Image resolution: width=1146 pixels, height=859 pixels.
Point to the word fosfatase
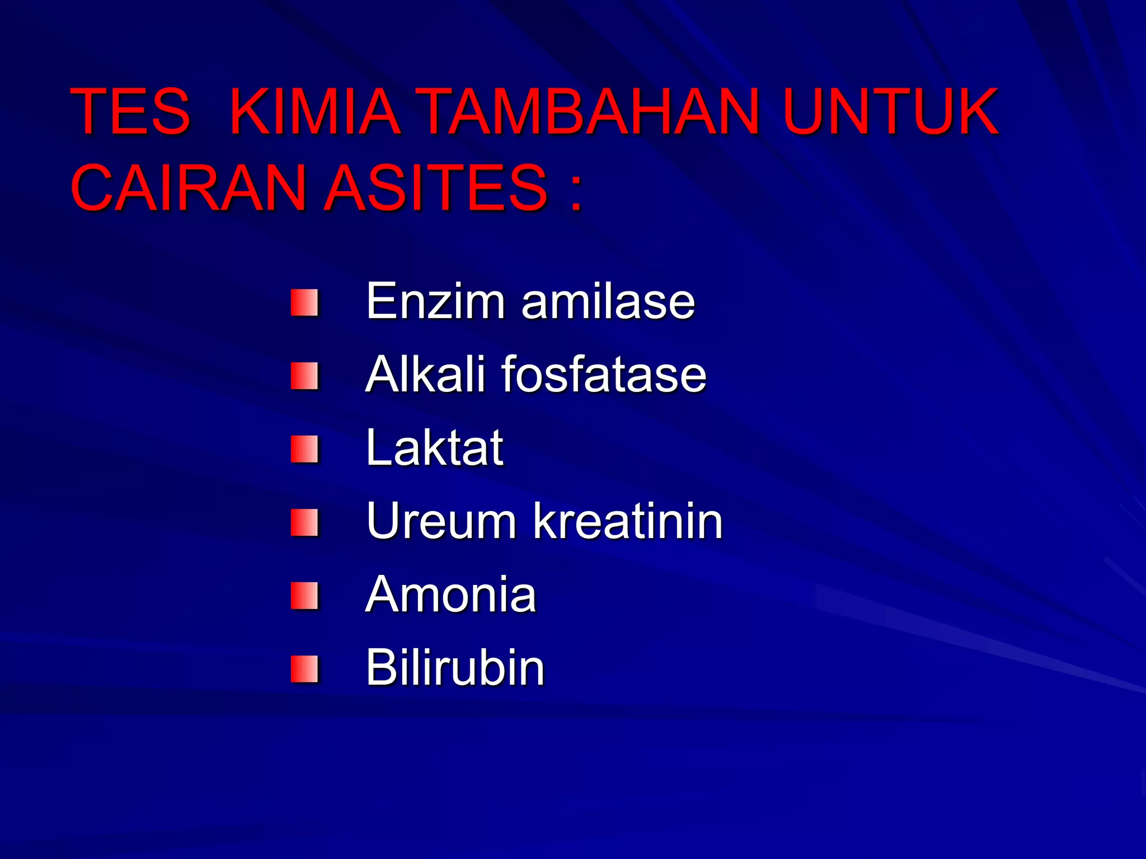[x=604, y=374]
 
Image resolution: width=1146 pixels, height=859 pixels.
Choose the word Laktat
[x=434, y=448]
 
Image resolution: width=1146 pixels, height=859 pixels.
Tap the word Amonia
[x=450, y=594]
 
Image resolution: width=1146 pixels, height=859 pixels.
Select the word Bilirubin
[x=454, y=667]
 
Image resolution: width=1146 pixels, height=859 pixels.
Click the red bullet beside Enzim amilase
[x=304, y=303]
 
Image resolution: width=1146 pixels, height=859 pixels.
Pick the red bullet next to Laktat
[x=304, y=449]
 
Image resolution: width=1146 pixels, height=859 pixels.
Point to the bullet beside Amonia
[x=304, y=596]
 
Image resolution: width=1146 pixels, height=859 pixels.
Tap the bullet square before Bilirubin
[x=304, y=669]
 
